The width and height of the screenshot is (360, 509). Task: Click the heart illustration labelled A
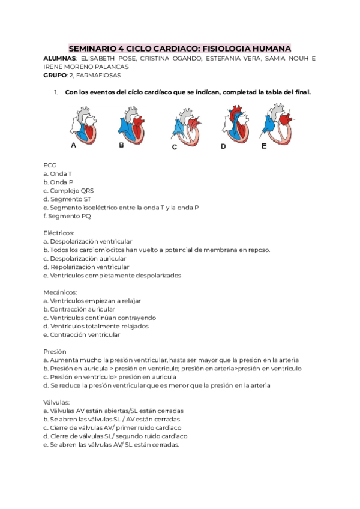(x=83, y=124)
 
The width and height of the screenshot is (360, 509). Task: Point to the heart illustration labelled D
(x=234, y=124)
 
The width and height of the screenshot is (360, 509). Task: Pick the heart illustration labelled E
(x=277, y=124)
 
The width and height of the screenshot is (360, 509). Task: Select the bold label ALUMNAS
(x=59, y=59)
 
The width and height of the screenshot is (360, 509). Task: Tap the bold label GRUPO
(x=55, y=76)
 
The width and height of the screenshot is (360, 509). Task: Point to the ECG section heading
(x=50, y=164)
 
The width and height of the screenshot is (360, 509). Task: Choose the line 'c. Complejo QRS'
(x=68, y=190)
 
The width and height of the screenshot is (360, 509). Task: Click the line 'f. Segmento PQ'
(x=67, y=216)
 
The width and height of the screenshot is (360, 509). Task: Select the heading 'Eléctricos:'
(x=59, y=232)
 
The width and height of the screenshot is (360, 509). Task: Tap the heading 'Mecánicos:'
(x=60, y=292)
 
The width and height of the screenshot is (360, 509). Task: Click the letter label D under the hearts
(x=223, y=146)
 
